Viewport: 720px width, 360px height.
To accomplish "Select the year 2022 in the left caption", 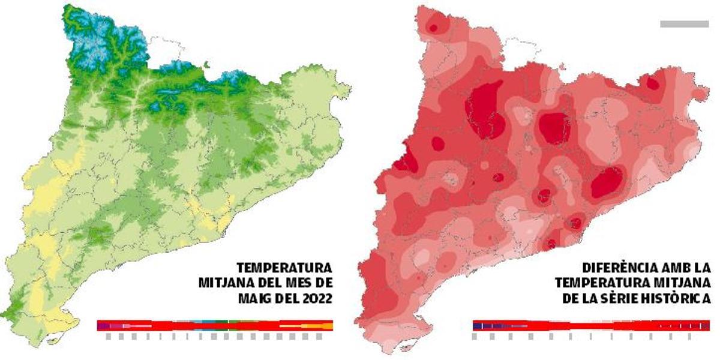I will click(x=315, y=298).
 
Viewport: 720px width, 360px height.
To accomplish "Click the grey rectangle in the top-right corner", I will click(x=684, y=24).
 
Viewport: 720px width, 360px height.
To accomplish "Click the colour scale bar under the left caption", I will click(x=215, y=325).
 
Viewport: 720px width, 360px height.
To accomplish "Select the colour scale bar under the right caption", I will click(x=591, y=325).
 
